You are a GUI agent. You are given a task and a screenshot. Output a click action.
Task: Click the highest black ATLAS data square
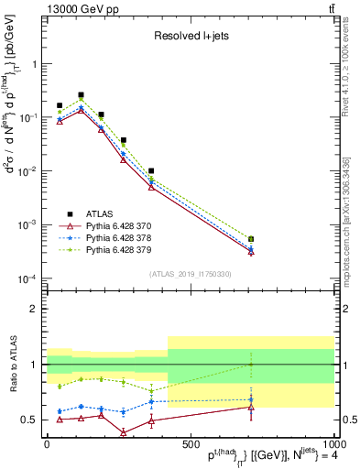(81, 94)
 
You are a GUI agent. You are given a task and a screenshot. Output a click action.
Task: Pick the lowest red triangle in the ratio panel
(123, 431)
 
